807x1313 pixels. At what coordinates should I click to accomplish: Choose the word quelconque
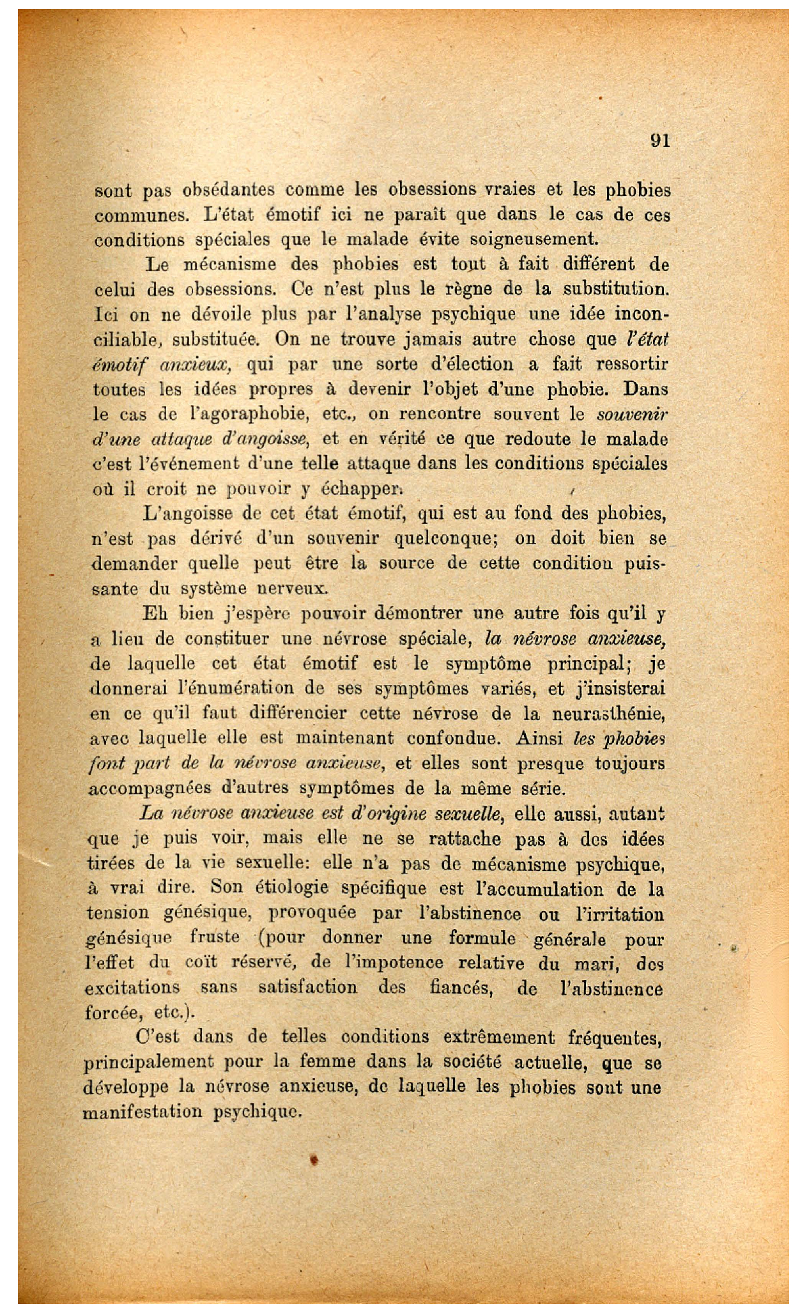pos(445,538)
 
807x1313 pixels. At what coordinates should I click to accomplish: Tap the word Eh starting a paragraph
pos(155,613)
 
